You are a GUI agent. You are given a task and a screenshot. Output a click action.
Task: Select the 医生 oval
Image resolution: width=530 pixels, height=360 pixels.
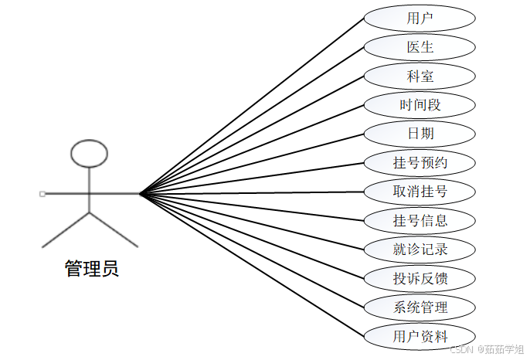point(420,47)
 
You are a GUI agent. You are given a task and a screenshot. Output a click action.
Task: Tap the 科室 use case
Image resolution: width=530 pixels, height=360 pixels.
point(420,76)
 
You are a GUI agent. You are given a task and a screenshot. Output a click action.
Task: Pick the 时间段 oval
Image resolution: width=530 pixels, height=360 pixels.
point(420,105)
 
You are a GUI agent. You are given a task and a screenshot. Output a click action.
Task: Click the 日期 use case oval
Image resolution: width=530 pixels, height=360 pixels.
point(420,134)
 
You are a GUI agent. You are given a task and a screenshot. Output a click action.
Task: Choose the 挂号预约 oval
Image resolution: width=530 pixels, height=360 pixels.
point(420,163)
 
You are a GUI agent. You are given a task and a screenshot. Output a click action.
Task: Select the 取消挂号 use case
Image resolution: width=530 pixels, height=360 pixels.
point(420,192)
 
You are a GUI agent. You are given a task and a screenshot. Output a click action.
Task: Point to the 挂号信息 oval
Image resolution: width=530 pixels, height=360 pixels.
point(420,221)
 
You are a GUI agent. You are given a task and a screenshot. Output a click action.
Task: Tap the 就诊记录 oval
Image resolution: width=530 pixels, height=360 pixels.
point(420,250)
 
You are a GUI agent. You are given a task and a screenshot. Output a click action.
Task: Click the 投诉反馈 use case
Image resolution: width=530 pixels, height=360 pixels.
point(420,278)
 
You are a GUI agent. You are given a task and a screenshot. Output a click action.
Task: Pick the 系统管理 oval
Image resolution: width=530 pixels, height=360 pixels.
point(420,307)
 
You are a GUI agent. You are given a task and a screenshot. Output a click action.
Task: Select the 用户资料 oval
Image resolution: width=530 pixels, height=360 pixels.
point(420,336)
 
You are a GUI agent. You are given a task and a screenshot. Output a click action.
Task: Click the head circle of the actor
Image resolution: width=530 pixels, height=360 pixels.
point(89,154)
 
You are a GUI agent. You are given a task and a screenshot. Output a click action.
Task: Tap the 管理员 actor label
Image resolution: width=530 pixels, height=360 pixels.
point(91,269)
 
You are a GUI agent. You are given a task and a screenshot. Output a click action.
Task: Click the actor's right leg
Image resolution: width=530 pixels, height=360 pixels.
point(114,229)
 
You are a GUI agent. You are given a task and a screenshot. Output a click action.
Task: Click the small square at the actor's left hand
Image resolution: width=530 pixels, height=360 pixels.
point(42,194)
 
